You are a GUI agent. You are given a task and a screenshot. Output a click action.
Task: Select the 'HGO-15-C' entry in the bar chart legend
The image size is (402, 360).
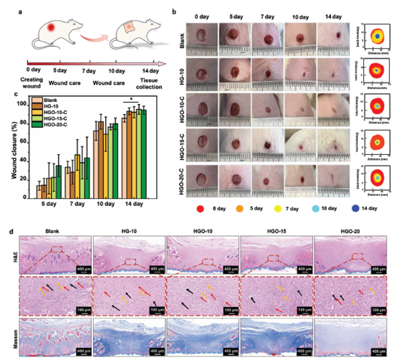(54, 117)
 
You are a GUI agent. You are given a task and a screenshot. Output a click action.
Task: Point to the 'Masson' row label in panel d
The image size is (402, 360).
(15, 331)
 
